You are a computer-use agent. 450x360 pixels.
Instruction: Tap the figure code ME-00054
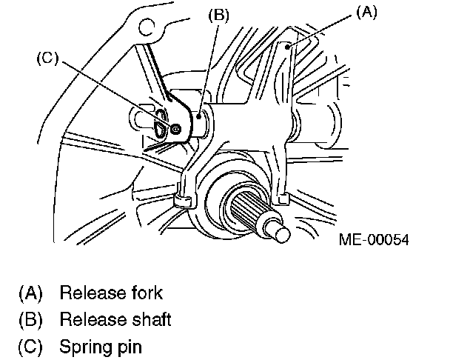point(375,241)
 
